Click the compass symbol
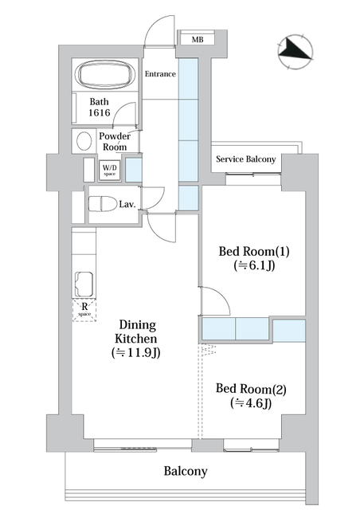295,52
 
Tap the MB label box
194,38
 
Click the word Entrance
160,74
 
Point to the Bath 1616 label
100,108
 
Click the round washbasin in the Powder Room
82,141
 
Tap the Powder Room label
115,143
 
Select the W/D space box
109,170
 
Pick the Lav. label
127,205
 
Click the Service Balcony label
246,159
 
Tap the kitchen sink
84,284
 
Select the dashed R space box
84,309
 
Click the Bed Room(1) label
254,252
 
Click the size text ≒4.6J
251,403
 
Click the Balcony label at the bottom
186,471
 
